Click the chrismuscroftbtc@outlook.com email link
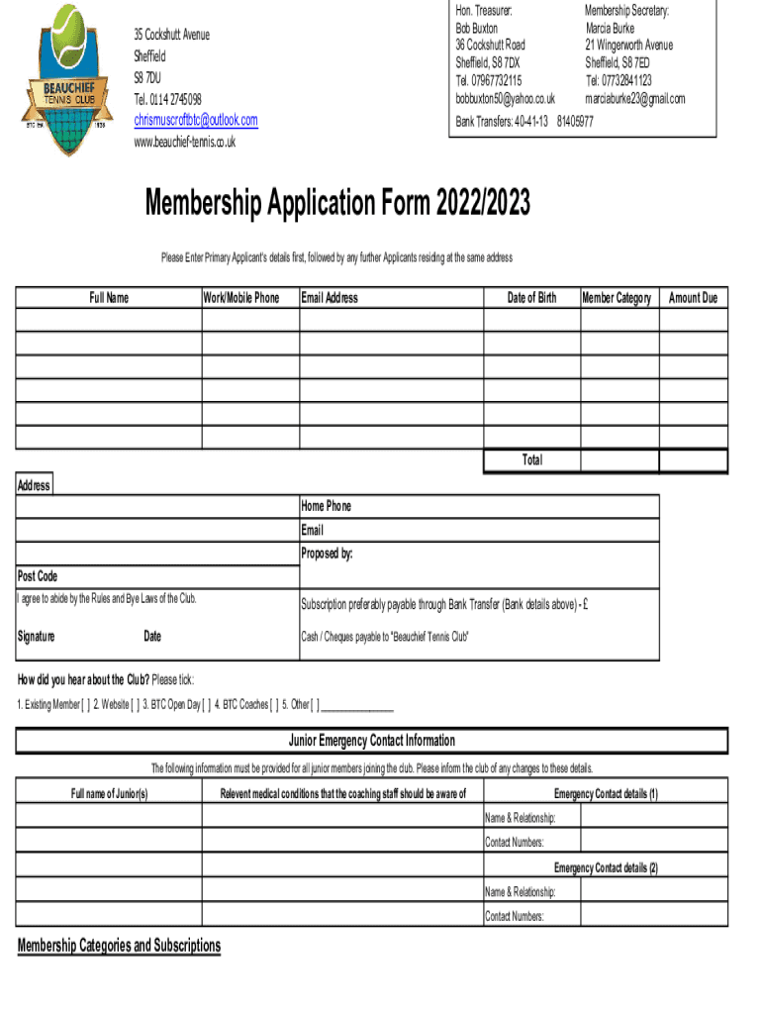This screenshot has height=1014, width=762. (195, 121)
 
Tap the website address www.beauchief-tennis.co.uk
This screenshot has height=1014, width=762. (184, 142)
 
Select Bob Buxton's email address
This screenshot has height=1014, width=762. (505, 99)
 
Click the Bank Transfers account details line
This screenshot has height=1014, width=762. (524, 122)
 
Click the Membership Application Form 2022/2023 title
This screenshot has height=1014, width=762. (337, 205)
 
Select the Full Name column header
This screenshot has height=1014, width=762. (109, 298)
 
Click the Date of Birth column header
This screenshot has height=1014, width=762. (531, 298)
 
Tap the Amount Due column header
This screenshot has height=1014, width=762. (693, 298)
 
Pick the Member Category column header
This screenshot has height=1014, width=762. (618, 298)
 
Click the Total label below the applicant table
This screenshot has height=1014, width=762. (531, 460)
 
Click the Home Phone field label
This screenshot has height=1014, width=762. (326, 506)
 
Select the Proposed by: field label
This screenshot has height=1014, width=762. (327, 554)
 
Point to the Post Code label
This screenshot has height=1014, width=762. (38, 576)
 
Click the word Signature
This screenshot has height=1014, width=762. (36, 637)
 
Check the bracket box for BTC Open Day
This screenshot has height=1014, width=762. (206, 705)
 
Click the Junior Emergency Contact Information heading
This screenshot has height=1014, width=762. (372, 741)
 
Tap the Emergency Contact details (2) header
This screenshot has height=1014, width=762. (606, 868)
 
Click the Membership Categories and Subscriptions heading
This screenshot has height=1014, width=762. (119, 946)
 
